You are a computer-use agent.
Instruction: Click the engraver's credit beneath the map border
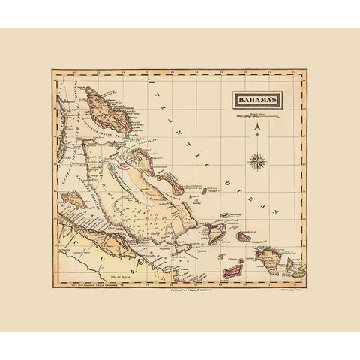click(282, 288)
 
